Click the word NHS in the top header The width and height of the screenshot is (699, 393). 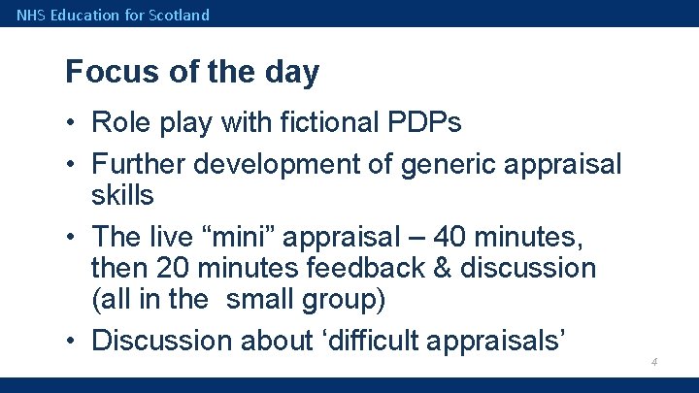30,15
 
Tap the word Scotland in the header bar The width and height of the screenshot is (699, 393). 180,15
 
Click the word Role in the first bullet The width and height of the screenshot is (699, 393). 118,123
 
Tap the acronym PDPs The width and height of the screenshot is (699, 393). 428,123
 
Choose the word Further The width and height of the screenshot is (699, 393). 139,164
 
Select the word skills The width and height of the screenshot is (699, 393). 122,195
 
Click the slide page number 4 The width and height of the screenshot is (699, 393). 655,362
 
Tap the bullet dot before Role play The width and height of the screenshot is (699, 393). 73,124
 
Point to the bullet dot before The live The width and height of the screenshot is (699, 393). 73,237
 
